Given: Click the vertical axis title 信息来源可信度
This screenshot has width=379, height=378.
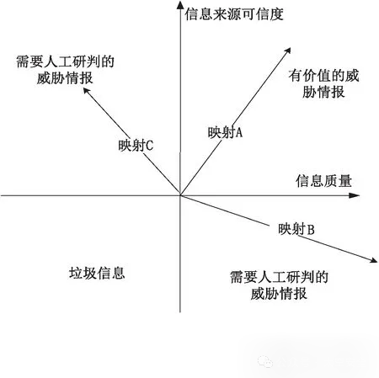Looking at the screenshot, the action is coord(234,14).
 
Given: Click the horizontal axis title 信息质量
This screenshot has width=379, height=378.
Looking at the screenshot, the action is coord(323,181).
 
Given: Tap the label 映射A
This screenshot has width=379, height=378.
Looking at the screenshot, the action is coord(225,132).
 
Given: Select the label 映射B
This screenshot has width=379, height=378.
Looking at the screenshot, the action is coord(296,229).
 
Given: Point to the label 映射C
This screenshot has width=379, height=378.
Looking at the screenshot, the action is coord(136,146).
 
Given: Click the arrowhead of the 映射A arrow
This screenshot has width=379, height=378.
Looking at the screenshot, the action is coord(288,51).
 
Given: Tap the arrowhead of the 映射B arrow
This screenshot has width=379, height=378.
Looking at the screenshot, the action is coord(374,260).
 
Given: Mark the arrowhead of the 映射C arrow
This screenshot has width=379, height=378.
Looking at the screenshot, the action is coord(87,91).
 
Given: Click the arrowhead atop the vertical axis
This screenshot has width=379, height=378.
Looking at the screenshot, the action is coord(180,4).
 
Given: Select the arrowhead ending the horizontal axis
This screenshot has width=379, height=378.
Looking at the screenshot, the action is coord(355,195).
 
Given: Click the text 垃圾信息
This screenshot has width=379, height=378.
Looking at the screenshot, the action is coord(97,273).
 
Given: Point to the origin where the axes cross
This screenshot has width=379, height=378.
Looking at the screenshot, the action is coord(180,195).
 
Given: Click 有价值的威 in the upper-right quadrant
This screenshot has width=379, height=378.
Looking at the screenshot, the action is coord(323,76).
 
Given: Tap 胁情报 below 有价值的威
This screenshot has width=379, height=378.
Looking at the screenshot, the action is coord(323,92).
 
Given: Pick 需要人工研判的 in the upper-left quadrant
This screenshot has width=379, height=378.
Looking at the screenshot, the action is coord(65,61).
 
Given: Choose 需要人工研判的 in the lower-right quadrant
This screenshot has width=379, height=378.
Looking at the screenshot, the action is coord(279,277).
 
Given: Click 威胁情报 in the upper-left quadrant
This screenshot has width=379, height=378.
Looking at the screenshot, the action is coord(65,77).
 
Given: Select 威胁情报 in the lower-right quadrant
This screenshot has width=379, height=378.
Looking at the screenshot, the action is coord(279,294).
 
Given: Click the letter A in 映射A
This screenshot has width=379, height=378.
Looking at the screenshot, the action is coord(238,132).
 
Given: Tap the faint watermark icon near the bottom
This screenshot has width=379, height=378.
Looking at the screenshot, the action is coord(265,361).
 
